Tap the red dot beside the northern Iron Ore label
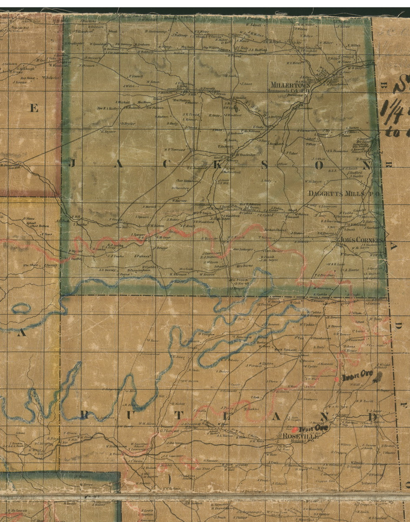click(337, 379)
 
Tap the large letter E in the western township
click(33, 108)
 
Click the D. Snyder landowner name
click(128, 124)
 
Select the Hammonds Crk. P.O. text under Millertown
click(287, 90)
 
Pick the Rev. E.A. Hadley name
click(108, 107)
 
